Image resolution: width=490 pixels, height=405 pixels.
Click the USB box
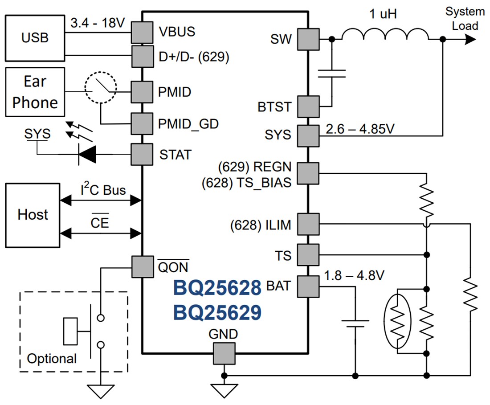tap(35, 37)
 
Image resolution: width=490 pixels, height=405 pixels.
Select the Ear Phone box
tap(35, 92)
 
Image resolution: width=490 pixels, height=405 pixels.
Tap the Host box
tap(33, 214)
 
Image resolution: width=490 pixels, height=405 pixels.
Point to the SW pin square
tap(308, 39)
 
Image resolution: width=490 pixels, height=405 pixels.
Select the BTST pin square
tap(308, 106)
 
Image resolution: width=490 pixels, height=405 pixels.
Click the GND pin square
tap(224, 353)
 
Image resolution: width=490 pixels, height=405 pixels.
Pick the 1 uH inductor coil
tap(385, 35)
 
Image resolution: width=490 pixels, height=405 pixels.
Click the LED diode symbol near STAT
tap(87, 155)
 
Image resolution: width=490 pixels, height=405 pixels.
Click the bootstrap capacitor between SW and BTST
tap(331, 73)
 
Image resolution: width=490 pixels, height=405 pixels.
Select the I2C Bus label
tap(103, 190)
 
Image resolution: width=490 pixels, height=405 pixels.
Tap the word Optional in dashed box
tap(52, 358)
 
